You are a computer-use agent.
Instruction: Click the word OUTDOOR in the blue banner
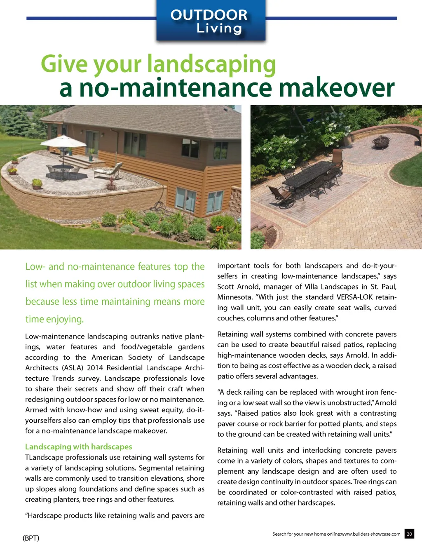click(209, 15)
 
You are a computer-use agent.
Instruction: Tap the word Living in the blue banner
click(219, 28)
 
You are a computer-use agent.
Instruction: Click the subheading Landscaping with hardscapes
click(79, 447)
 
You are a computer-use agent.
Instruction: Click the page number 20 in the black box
click(409, 534)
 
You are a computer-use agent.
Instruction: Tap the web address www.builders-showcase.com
click(370, 534)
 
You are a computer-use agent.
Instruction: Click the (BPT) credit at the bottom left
click(31, 538)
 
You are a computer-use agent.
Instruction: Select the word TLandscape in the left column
click(45, 457)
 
